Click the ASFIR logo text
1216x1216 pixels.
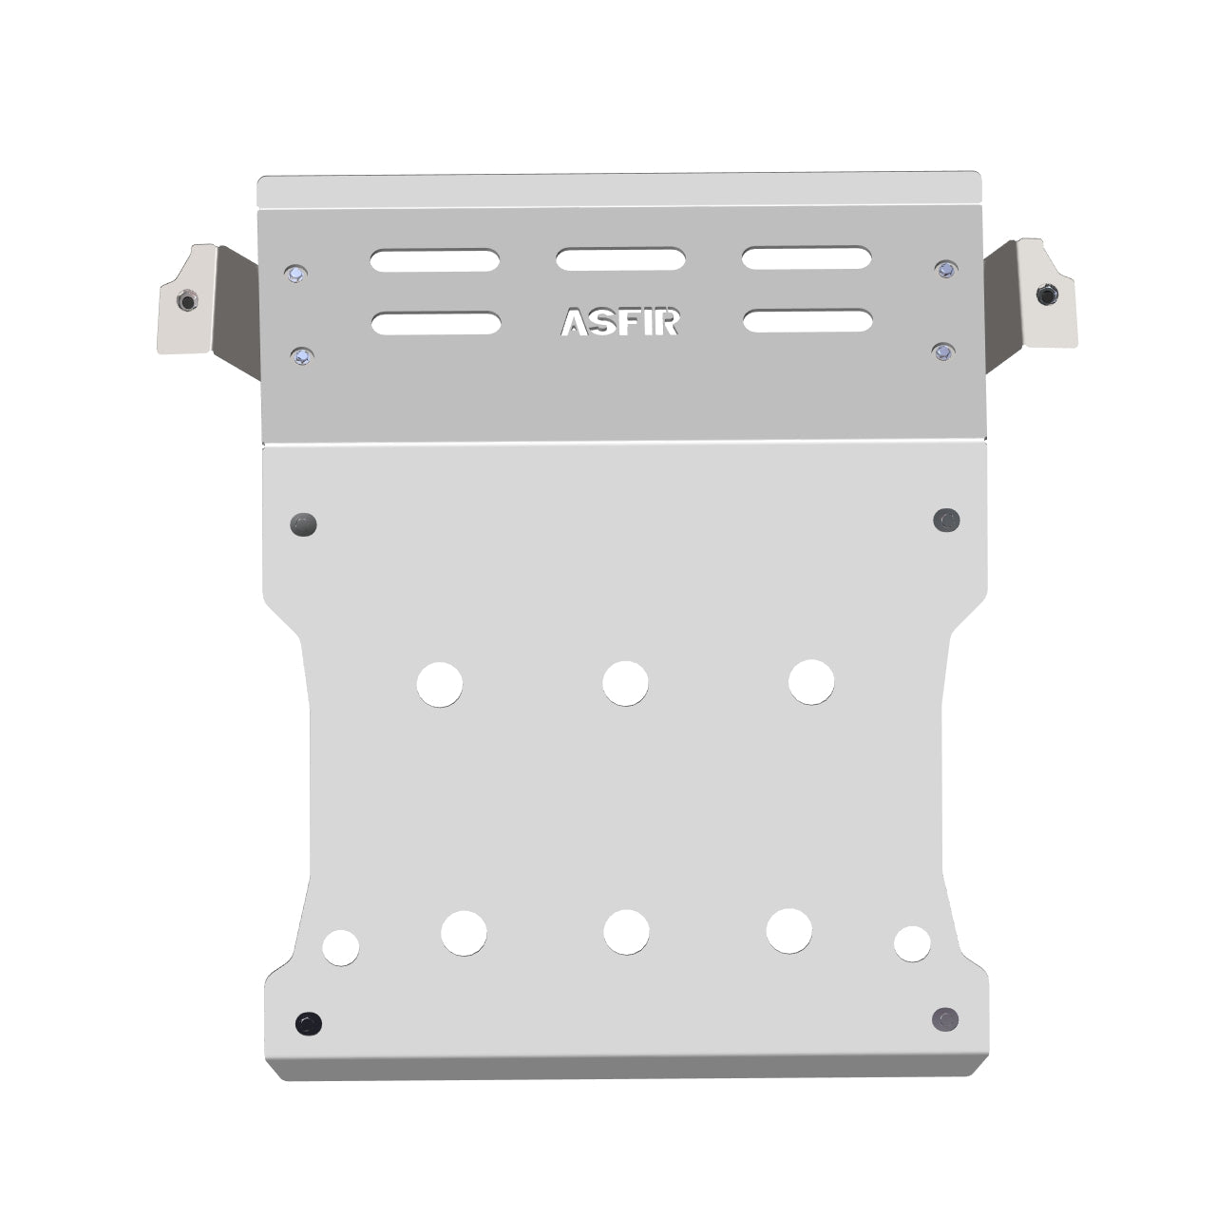[x=619, y=322]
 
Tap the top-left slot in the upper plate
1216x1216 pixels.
[x=435, y=261]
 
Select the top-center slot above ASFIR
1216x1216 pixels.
[x=621, y=259]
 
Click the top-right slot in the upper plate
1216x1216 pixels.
[x=807, y=257]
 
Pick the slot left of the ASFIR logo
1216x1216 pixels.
[x=436, y=323]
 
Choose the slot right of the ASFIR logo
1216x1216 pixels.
[x=807, y=320]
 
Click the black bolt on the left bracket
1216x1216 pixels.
[x=187, y=302]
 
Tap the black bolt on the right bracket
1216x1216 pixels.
[x=1047, y=294]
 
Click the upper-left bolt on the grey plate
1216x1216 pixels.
[x=296, y=275]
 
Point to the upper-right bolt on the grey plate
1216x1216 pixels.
[x=944, y=270]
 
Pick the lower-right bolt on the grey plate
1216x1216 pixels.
[x=942, y=352]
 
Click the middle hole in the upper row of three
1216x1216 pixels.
[x=625, y=682]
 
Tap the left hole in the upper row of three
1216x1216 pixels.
[x=440, y=684]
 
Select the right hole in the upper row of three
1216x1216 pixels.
[x=811, y=681]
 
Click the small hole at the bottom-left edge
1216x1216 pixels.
[x=341, y=947]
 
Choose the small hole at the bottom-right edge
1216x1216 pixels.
[x=912, y=942]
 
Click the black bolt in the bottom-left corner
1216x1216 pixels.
[x=308, y=1023]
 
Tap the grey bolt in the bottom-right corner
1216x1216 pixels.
[x=945, y=1018]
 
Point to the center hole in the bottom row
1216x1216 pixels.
[x=626, y=932]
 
